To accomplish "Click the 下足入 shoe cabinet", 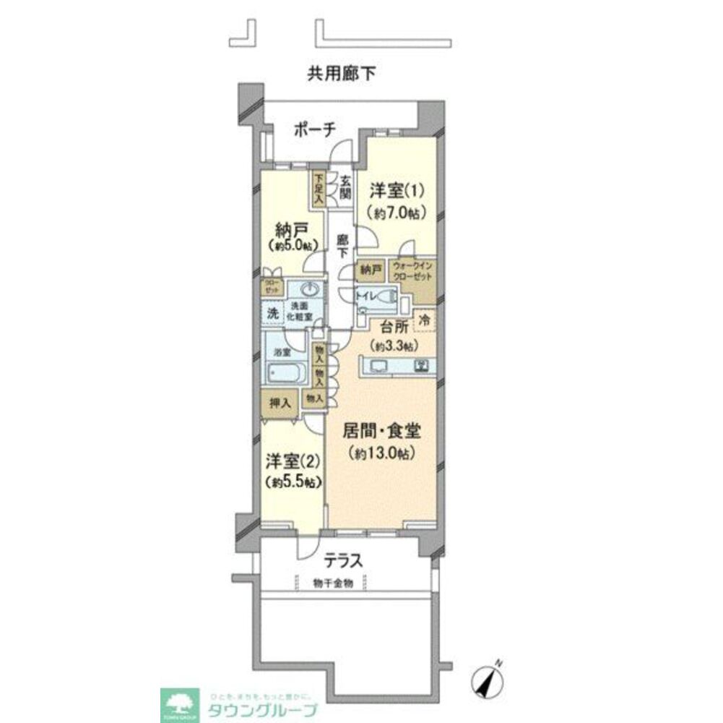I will pos(319,187).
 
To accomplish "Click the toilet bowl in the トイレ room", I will pos(387,297).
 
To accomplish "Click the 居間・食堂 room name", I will pos(383,433).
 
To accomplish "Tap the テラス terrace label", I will pos(342,560).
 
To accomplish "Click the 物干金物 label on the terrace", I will pos(334,583).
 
